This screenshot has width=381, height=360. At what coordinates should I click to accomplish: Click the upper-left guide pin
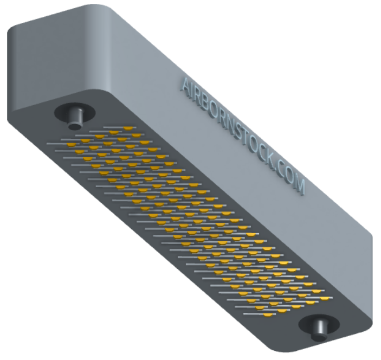[75, 118]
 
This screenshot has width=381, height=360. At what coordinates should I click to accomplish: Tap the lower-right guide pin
[319, 330]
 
